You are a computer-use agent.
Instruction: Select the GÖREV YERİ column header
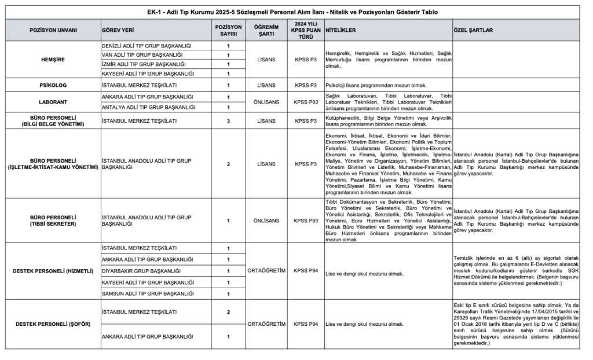pyautogui.click(x=118, y=30)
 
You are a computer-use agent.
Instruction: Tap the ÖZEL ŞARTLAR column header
pyautogui.click(x=473, y=30)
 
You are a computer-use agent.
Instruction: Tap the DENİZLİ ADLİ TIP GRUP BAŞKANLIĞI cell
pyautogui.click(x=146, y=45)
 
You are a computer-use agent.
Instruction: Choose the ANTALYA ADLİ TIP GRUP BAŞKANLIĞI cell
pyautogui.click(x=147, y=107)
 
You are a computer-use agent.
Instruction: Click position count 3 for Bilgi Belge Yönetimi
pyautogui.click(x=228, y=120)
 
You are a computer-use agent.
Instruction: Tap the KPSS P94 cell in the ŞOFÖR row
pyautogui.click(x=305, y=324)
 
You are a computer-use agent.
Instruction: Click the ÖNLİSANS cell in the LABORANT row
pyautogui.click(x=266, y=102)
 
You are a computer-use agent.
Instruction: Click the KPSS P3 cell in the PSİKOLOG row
pyautogui.click(x=305, y=85)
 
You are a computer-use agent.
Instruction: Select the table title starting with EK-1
pyautogui.click(x=296, y=12)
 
